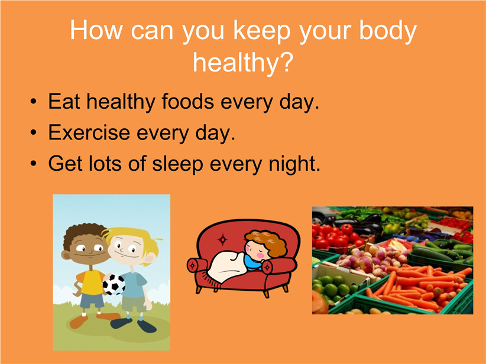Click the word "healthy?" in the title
click(x=242, y=63)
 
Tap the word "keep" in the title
click(x=262, y=31)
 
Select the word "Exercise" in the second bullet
click(x=89, y=132)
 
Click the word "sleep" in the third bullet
click(x=177, y=164)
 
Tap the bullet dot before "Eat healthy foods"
click(x=34, y=102)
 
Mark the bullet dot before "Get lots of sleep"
click(x=34, y=164)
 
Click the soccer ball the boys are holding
click(x=114, y=284)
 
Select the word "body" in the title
click(x=388, y=31)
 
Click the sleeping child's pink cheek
click(x=260, y=255)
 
